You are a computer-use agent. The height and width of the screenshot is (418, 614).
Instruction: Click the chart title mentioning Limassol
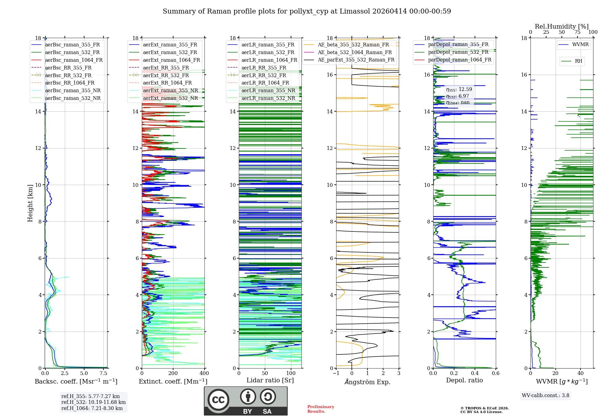[x=307, y=11]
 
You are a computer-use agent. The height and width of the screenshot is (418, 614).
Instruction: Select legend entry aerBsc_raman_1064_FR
[x=74, y=60]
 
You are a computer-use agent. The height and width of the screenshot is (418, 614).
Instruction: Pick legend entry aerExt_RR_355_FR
[x=166, y=68]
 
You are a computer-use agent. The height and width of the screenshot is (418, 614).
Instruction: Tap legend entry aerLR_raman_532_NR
[x=268, y=98]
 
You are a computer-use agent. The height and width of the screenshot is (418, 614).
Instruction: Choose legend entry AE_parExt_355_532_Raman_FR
[x=356, y=60]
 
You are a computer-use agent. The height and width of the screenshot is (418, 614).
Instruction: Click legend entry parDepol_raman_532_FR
[x=458, y=52]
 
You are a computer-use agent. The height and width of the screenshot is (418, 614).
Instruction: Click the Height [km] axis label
[x=30, y=203]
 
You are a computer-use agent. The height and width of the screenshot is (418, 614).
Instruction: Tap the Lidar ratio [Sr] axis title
[x=270, y=380]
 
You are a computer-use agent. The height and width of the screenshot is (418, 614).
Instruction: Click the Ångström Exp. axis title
[x=367, y=382]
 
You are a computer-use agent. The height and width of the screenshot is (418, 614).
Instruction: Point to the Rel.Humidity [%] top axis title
[x=562, y=26]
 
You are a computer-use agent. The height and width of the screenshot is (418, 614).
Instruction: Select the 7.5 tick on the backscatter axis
[x=103, y=373]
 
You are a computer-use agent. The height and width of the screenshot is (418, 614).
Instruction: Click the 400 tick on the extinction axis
[x=204, y=373]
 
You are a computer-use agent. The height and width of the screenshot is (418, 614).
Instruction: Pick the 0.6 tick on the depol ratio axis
[x=495, y=373]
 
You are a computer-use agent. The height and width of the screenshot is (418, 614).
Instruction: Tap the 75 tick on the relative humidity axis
[x=577, y=32]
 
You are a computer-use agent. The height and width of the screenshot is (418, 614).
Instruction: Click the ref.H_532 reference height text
[x=93, y=402]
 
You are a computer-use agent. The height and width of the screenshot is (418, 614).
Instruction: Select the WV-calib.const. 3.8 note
[x=546, y=396]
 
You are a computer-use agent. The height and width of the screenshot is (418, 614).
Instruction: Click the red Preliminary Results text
[x=321, y=409]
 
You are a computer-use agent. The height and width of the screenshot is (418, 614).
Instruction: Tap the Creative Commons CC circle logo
[x=218, y=400]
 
